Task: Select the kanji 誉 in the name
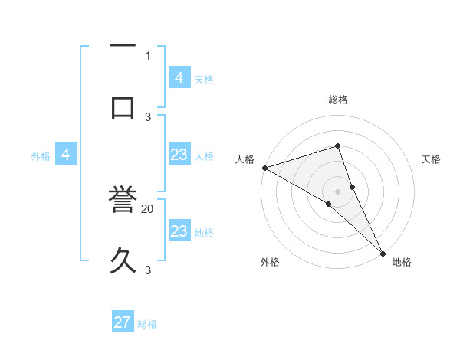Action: (x=123, y=203)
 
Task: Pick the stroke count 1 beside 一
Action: (x=148, y=56)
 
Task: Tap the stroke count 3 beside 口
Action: (x=148, y=117)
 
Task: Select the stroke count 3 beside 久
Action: (x=148, y=270)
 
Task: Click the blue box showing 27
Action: (x=123, y=322)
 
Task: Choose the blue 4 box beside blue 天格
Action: (x=179, y=77)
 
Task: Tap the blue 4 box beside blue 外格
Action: (x=66, y=155)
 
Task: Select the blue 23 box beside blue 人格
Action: (x=179, y=155)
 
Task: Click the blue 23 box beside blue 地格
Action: (x=179, y=231)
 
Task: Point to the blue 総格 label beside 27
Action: (x=148, y=324)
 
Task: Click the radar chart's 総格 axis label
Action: (x=337, y=100)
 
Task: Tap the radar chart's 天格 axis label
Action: (x=431, y=159)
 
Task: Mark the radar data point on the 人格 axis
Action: (x=264, y=168)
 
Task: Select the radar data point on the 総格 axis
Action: (x=337, y=145)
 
